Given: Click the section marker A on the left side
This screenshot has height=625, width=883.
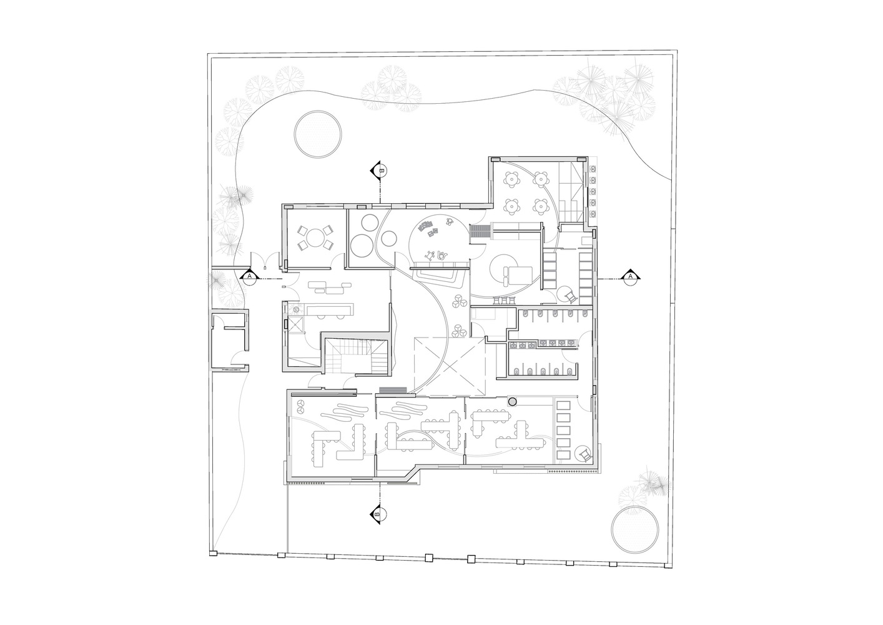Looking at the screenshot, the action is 249,277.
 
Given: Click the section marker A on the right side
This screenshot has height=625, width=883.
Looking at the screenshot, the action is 630,277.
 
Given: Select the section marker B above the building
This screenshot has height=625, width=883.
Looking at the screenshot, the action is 379,171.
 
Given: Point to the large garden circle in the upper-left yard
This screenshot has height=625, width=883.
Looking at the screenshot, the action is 318,134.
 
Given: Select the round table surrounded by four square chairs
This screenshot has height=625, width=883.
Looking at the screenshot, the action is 315,238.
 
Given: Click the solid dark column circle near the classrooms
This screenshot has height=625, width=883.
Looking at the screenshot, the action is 512,402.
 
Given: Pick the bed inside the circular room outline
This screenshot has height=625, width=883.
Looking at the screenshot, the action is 518,276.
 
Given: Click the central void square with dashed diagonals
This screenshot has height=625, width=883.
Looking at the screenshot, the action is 450,366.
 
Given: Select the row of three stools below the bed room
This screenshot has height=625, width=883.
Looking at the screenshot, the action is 505,301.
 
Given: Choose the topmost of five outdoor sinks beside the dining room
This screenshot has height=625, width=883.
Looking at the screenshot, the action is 592,169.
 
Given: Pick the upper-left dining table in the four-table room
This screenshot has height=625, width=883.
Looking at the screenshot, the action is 511,180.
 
